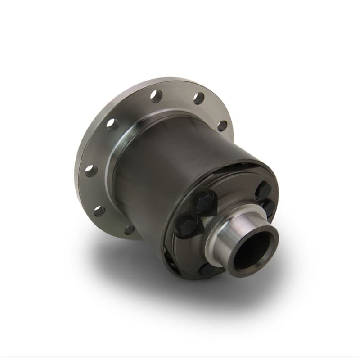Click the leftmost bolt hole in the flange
click(x=90, y=170)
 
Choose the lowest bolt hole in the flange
click(x=129, y=230)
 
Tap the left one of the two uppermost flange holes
click(x=156, y=95)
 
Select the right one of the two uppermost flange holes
click(x=198, y=98)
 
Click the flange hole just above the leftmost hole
click(x=112, y=125)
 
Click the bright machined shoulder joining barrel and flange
click(x=118, y=166)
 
